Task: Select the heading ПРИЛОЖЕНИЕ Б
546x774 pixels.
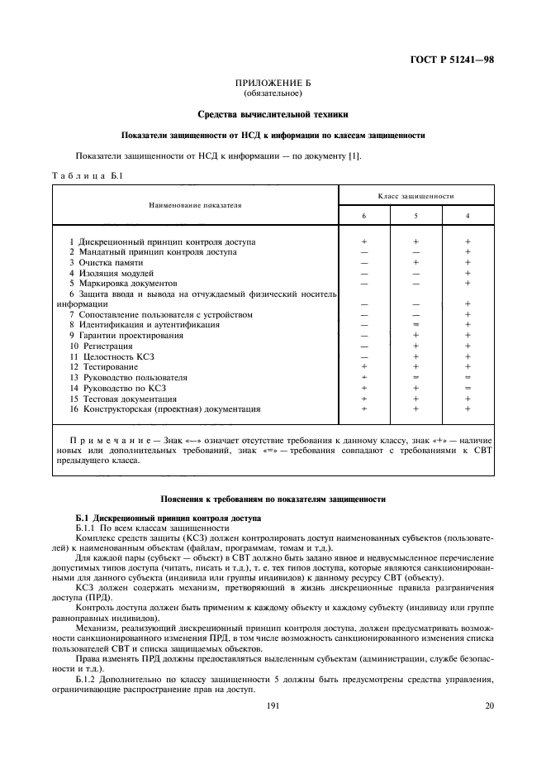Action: pos(273,84)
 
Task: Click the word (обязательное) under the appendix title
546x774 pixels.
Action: pos(273,93)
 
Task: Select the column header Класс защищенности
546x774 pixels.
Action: pos(416,195)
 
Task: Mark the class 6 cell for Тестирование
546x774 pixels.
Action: pos(363,366)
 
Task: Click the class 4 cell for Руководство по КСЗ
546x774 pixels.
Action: pos(468,387)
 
